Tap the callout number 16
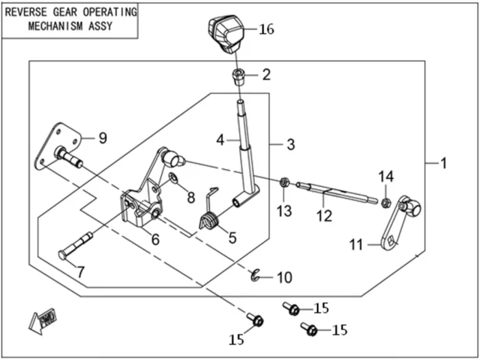tap(266, 29)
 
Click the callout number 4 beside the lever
tap(221, 140)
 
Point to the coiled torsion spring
tap(211, 221)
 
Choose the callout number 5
tap(232, 238)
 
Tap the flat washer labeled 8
tap(174, 180)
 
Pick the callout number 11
tap(356, 244)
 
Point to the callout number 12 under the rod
tap(324, 216)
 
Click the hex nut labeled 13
tap(283, 182)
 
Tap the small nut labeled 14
tap(386, 202)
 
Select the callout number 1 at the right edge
tap(444, 163)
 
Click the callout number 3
tap(291, 145)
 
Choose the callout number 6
tap(155, 239)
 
